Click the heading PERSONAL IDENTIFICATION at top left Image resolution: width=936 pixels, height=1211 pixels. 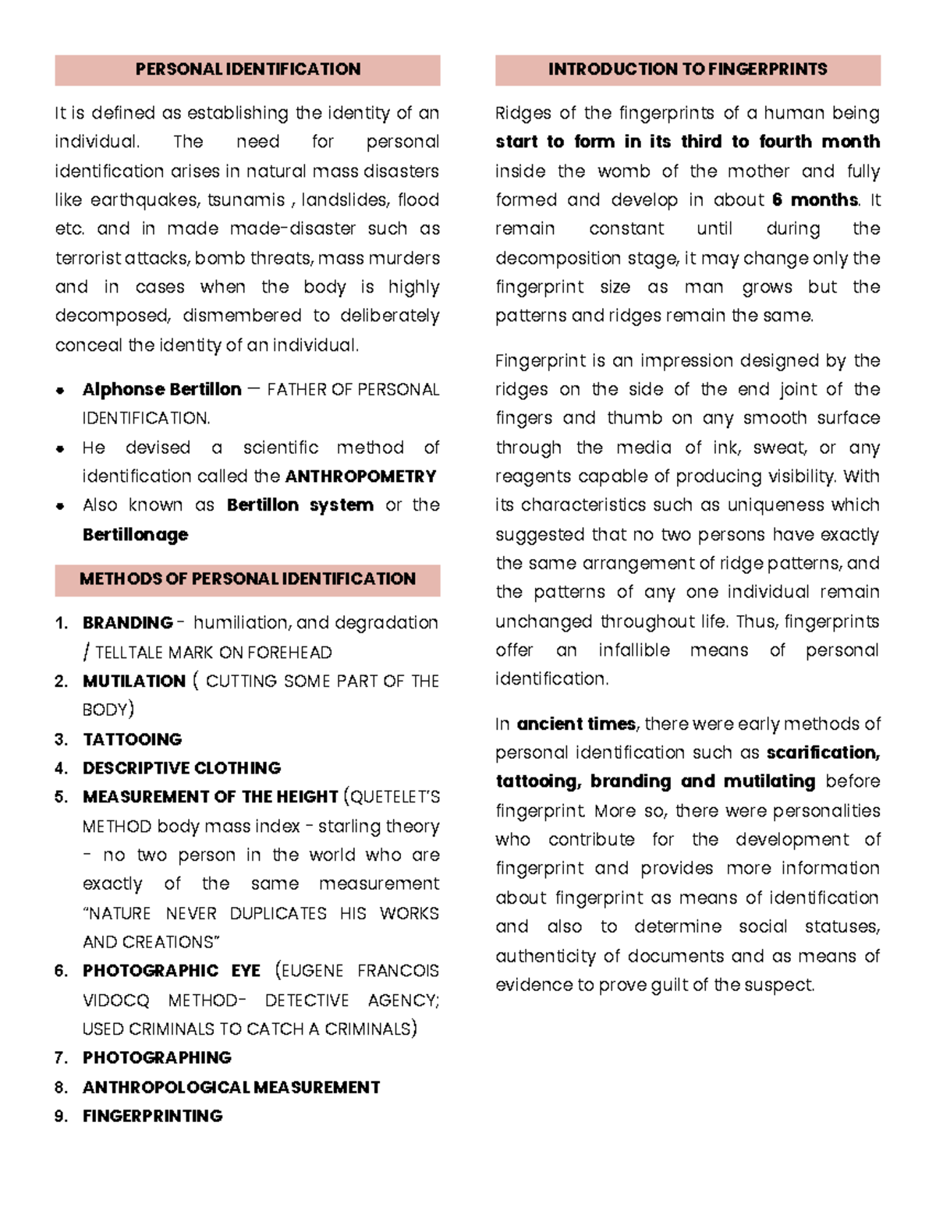247,69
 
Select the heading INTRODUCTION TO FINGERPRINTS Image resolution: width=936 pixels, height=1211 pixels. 687,69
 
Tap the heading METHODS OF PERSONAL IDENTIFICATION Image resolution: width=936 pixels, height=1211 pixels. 247,579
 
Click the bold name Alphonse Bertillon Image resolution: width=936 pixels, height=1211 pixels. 161,389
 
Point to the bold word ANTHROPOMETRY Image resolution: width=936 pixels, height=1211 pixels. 360,476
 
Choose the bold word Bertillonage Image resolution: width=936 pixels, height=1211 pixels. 135,535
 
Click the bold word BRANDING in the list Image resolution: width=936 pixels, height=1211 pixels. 127,623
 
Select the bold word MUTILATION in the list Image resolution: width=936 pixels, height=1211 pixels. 133,682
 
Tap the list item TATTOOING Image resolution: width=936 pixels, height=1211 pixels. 132,739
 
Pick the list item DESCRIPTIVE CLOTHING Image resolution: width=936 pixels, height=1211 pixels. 181,768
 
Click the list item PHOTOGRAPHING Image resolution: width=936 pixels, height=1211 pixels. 157,1058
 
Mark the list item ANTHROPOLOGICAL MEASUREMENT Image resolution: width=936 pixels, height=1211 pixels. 231,1087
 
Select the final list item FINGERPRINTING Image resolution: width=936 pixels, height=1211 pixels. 152,1116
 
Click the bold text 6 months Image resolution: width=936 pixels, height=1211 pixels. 814,200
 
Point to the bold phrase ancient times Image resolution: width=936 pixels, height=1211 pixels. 576,724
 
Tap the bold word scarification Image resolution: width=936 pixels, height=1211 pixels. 822,753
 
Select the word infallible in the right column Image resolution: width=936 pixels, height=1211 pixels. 633,650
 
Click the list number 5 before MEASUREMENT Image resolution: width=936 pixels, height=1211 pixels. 62,797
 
